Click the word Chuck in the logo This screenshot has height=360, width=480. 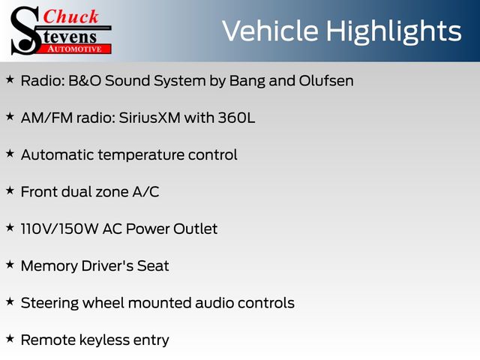70,16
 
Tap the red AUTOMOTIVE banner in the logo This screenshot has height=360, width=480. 75,49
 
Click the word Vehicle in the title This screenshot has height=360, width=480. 270,31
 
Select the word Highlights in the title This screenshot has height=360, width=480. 393,32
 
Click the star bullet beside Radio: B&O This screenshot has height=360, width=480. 10,79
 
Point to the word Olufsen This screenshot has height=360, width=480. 326,81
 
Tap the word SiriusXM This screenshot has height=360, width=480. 150,118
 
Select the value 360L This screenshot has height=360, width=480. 236,118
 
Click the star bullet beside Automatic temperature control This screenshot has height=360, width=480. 10,154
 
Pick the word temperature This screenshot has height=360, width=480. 142,155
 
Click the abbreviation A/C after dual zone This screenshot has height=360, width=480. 145,192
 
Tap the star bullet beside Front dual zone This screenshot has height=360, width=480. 10,190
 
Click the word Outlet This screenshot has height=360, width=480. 195,229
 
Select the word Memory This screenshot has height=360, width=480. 49,266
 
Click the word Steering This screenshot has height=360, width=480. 49,304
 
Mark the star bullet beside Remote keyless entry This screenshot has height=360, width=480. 10,339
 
